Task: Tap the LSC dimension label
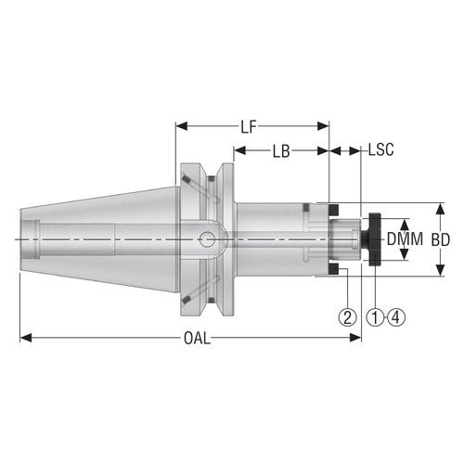(381, 149)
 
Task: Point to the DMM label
(405, 239)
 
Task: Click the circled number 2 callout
(347, 316)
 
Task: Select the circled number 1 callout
(375, 316)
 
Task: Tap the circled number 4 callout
(396, 316)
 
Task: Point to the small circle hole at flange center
(207, 240)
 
